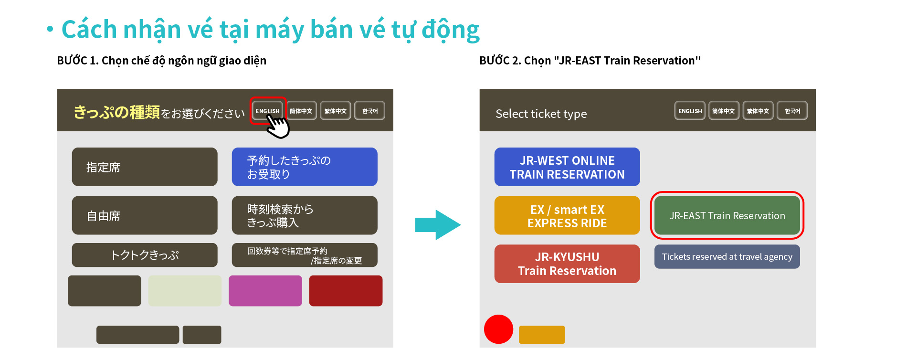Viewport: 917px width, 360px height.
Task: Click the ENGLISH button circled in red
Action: tap(267, 111)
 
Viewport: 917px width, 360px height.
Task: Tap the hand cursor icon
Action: tap(278, 127)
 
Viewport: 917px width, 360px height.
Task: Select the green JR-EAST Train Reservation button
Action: tap(727, 215)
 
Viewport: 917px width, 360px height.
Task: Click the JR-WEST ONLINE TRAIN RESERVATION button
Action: tap(567, 167)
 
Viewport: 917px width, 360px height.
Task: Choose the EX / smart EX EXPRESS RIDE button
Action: tap(567, 215)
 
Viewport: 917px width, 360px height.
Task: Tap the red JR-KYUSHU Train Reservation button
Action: tap(567, 264)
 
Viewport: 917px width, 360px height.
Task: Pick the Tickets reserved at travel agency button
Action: tap(727, 256)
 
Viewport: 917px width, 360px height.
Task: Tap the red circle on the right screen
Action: tap(498, 329)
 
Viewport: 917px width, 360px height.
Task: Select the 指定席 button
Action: tap(145, 167)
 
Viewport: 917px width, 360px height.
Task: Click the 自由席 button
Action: tap(145, 215)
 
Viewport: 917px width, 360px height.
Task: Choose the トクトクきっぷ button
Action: tap(145, 255)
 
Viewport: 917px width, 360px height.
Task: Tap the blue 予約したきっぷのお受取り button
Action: tap(305, 167)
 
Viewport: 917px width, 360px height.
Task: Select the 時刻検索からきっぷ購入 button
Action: tap(305, 215)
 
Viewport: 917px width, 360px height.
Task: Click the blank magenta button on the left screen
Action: tap(265, 291)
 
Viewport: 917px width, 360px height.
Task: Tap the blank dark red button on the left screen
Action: tap(346, 291)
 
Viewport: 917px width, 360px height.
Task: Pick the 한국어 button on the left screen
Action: tap(369, 111)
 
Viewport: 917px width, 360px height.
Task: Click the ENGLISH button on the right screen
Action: tap(690, 111)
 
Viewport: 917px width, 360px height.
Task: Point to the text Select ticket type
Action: tap(541, 114)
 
